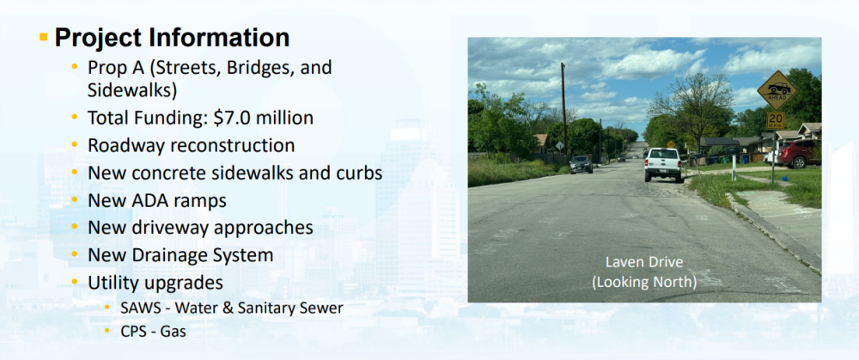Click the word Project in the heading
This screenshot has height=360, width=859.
99,39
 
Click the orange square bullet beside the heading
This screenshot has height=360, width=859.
44,37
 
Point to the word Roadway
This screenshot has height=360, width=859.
124,146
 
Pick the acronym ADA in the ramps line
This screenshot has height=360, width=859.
147,200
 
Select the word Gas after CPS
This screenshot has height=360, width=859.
174,332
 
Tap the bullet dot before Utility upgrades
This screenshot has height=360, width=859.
75,282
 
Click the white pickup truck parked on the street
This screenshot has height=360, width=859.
663,164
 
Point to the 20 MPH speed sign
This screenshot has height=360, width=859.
775,120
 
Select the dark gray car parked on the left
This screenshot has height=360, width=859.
581,164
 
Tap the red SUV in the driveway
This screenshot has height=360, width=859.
798,154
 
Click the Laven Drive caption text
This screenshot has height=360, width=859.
644,262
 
